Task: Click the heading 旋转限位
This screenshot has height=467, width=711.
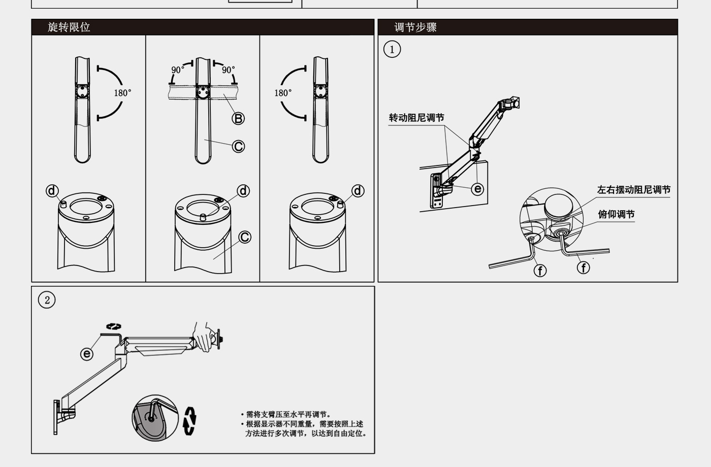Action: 69,27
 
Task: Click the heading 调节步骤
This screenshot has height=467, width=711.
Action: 415,27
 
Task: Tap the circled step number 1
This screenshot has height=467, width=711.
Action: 392,49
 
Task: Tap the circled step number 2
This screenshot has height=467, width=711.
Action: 47,300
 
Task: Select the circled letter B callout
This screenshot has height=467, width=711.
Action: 238,118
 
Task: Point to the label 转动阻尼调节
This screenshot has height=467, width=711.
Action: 416,118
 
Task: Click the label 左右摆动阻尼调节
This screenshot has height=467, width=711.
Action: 633,190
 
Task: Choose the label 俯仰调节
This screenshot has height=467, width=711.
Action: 616,214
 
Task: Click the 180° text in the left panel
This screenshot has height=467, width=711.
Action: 122,93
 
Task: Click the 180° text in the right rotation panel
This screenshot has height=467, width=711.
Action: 283,93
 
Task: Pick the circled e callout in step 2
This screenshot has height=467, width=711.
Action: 87,354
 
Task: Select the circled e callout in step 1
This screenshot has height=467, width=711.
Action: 477,189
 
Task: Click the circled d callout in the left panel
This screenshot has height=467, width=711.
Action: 52,190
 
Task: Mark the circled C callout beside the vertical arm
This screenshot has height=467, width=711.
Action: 238,147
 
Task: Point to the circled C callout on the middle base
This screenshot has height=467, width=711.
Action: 245,237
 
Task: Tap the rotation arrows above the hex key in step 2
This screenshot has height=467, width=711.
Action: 113,326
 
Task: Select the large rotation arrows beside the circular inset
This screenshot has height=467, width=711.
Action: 189,421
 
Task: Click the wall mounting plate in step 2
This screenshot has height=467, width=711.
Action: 56,417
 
